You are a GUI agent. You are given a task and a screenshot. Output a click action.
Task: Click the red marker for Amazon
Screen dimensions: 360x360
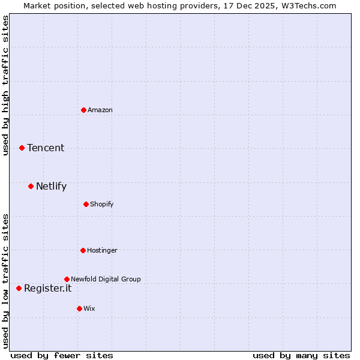(x=83, y=110)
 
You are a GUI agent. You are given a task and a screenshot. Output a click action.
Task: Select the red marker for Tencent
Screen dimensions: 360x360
(x=22, y=148)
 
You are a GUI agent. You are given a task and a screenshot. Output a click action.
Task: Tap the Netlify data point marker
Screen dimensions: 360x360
(x=31, y=186)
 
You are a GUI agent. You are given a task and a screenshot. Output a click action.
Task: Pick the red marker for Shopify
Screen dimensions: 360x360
(x=86, y=204)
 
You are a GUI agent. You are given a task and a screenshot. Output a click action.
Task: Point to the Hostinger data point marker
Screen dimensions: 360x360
(x=83, y=250)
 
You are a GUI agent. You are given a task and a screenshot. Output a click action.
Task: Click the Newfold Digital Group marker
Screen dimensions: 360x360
(x=67, y=279)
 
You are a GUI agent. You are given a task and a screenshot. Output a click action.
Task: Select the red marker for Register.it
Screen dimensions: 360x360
(x=19, y=288)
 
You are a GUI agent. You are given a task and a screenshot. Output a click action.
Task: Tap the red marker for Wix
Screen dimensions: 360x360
(x=79, y=308)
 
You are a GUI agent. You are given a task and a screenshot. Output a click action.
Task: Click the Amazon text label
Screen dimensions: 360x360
(x=100, y=110)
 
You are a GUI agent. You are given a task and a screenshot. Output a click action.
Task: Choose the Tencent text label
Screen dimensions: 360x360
(x=46, y=148)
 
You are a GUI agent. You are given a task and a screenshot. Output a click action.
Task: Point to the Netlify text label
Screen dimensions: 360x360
(x=51, y=186)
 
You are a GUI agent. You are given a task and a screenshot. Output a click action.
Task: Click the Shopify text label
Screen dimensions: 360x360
(x=102, y=204)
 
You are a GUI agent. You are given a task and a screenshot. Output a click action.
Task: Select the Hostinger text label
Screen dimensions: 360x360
(x=103, y=250)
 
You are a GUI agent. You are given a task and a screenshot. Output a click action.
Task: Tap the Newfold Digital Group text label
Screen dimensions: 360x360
(x=106, y=279)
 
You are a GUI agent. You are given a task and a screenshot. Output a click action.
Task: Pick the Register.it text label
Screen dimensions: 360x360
(x=47, y=288)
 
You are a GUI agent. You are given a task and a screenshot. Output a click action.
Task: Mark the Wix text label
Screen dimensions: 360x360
(x=89, y=308)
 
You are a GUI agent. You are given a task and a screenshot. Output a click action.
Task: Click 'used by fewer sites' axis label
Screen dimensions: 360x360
(x=62, y=355)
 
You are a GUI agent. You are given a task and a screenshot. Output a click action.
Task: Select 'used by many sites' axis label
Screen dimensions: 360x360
(x=301, y=355)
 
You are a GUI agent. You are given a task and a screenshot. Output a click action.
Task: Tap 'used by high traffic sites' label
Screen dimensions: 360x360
(x=5, y=85)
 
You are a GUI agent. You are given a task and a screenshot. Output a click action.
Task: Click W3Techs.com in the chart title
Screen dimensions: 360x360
(x=307, y=5)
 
